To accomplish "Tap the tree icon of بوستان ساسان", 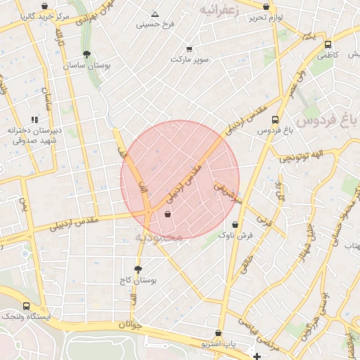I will click(86, 54).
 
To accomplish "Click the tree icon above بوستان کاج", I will click(137, 269).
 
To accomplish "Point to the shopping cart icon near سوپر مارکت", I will click(189, 49).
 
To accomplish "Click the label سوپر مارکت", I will click(190, 60).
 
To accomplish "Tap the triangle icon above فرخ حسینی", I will click(155, 14).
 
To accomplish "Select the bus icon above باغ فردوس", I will click(275, 120).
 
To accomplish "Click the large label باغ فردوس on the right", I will click(326, 120).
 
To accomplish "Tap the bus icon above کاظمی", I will click(328, 44).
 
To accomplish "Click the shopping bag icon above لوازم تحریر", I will click(266, 6).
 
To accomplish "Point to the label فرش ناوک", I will click(235, 236).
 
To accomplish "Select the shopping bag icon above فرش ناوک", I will click(235, 225).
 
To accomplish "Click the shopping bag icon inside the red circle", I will click(167, 214).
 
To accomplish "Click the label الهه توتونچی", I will click(301, 155).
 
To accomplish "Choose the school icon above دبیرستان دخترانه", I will click(34, 120).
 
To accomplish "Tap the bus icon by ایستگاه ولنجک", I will click(27, 307).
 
